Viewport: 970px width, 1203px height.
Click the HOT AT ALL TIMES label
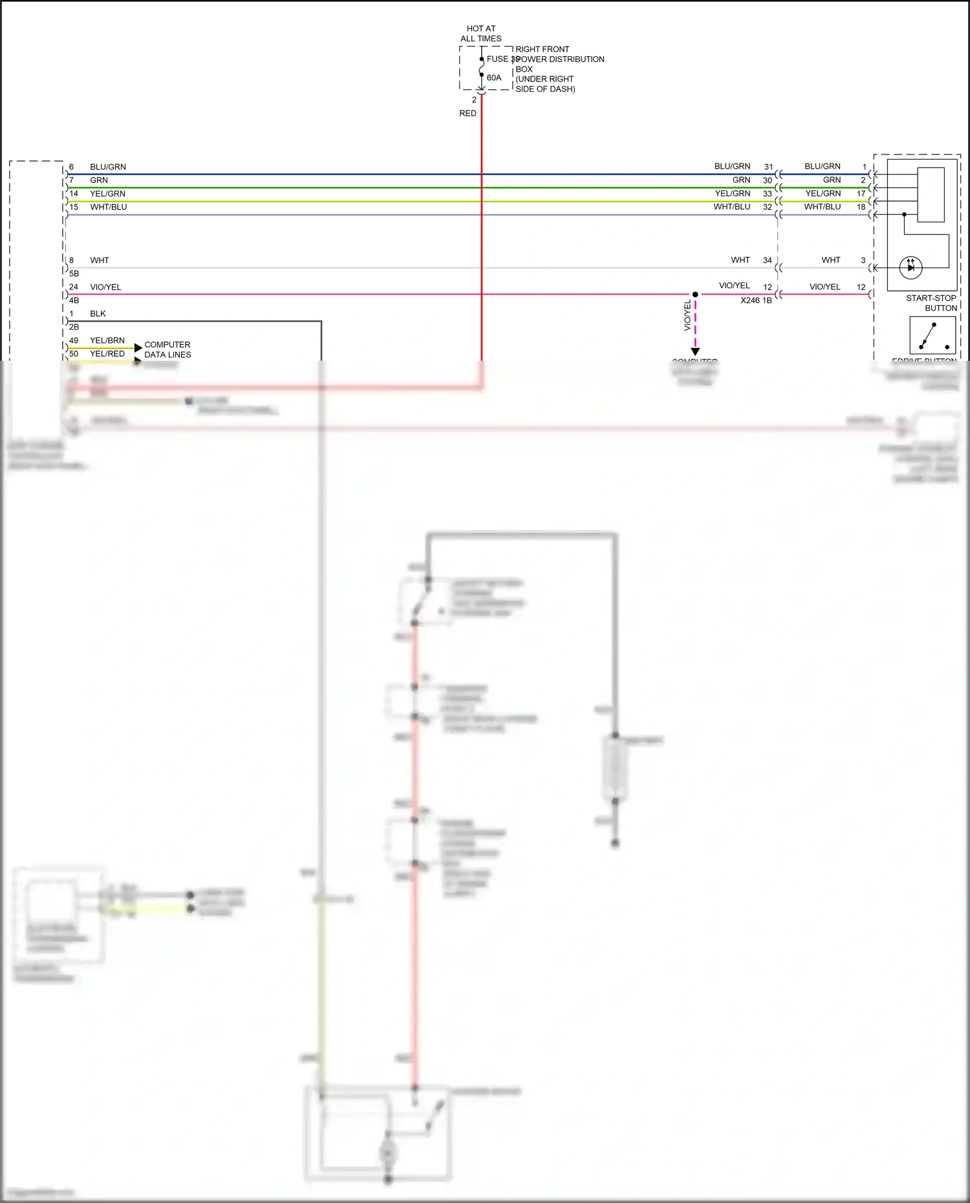coord(480,34)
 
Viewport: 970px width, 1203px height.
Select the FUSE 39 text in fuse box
coord(502,59)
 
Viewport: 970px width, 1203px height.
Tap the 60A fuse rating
coord(494,78)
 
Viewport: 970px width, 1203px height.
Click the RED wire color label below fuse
coord(468,113)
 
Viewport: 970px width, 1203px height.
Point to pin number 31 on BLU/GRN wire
coord(768,167)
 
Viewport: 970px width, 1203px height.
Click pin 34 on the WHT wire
coord(768,261)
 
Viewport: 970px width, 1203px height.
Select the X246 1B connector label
coord(756,301)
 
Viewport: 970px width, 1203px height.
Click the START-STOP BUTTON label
coord(931,303)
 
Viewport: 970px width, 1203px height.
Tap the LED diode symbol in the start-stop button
coord(911,267)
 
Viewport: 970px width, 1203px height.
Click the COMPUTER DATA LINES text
coord(167,350)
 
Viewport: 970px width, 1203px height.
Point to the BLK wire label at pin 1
coord(98,314)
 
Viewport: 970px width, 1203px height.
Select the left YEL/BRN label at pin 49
coord(107,340)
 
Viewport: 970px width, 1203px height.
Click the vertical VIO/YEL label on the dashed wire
coord(687,316)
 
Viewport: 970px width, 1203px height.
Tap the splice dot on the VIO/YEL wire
coord(695,295)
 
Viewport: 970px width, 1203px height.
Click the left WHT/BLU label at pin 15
coord(109,207)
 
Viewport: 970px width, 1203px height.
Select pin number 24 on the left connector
coord(74,287)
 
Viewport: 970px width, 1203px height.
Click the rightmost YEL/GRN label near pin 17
coord(823,193)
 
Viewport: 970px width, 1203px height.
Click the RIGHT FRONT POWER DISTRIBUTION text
coord(559,54)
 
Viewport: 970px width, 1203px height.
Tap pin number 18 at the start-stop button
coord(861,207)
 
